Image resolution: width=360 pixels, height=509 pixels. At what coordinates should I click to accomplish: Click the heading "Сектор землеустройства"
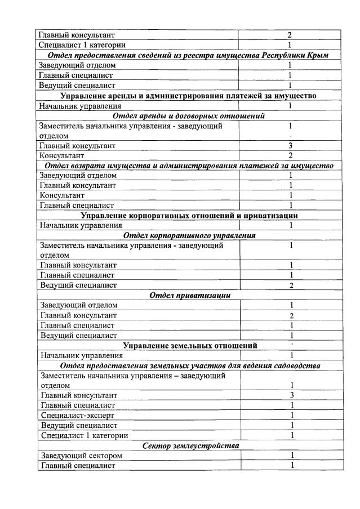click(190, 446)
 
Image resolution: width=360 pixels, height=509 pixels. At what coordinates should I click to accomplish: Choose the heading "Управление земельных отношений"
click(190, 345)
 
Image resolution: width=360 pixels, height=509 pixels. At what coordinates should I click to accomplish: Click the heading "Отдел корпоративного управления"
click(190, 235)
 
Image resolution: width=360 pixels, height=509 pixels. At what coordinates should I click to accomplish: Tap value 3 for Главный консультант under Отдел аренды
click(290, 145)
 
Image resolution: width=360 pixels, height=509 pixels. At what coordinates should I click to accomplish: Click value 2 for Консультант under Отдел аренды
click(290, 155)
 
